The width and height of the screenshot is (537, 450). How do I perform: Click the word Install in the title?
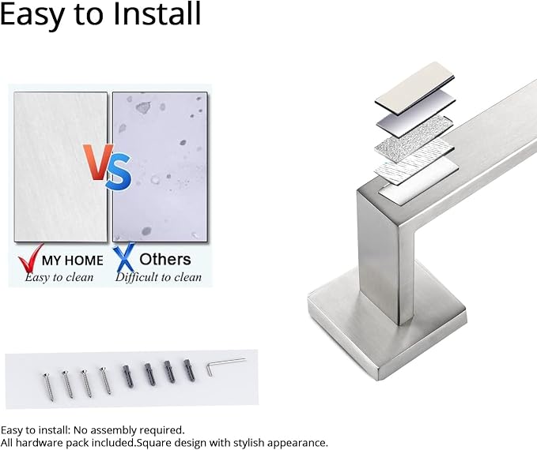pos(157,13)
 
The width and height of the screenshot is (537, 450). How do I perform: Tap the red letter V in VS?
pos(97,162)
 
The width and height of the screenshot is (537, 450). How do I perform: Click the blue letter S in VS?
pos(118,171)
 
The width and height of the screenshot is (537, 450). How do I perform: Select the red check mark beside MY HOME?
pos(30,258)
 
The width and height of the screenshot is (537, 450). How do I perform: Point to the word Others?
pos(165,260)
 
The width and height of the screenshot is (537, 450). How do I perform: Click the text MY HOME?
pos(72,261)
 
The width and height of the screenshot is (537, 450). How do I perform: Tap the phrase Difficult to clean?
pos(158,277)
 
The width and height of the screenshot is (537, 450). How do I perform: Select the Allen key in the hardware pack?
pos(225,366)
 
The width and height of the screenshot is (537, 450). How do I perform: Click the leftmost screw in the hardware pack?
pos(48,386)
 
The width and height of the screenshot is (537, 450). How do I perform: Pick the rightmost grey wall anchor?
pos(189,370)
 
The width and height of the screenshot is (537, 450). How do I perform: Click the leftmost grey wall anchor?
pos(128,376)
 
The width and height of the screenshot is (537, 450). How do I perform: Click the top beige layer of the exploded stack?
pos(414,88)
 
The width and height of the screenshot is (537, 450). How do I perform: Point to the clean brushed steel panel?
pos(61,167)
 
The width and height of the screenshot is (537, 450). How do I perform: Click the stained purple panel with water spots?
pos(160,167)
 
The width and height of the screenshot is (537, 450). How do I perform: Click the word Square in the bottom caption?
pos(153,443)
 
